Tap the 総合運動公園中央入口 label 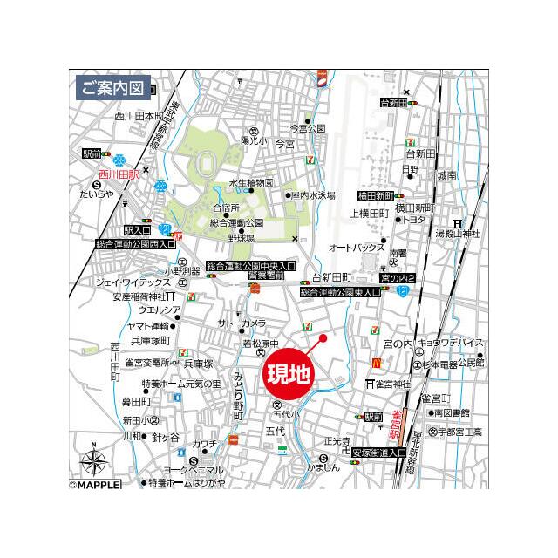[251, 265]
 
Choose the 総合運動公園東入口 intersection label [341, 293]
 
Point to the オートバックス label [357, 248]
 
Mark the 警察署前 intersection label [266, 276]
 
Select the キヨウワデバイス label [450, 345]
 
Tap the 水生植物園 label [251, 183]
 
